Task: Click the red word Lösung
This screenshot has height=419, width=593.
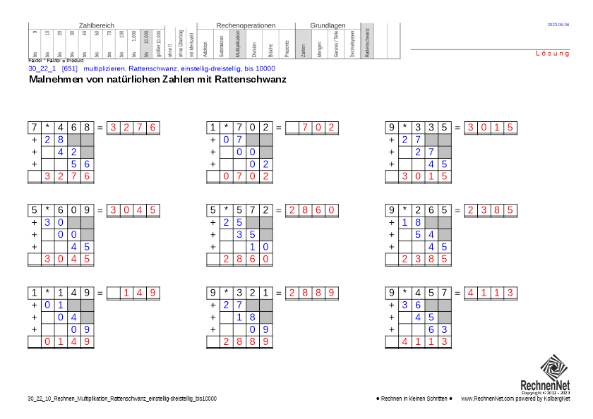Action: [x=552, y=54]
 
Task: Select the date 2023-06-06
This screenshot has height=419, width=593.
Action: [x=558, y=25]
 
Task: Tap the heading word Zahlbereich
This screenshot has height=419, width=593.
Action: [x=97, y=25]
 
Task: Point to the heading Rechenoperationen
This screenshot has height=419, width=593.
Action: [x=246, y=25]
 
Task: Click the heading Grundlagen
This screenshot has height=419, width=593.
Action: [x=328, y=25]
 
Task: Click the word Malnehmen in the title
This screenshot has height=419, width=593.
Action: [x=54, y=80]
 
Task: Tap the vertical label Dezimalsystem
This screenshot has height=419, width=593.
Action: [x=352, y=44]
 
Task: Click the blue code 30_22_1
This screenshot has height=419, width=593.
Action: [x=42, y=68]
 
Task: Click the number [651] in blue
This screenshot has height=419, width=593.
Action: [x=70, y=68]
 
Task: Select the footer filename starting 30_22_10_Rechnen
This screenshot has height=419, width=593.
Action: [x=122, y=399]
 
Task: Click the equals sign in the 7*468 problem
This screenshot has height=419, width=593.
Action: [x=100, y=128]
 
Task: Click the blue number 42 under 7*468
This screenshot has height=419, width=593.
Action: [x=68, y=152]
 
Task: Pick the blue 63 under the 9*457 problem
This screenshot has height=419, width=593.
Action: [x=438, y=329]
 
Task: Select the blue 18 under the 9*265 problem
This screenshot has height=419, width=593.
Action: [x=412, y=222]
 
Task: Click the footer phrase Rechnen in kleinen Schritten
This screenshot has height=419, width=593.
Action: [x=414, y=399]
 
